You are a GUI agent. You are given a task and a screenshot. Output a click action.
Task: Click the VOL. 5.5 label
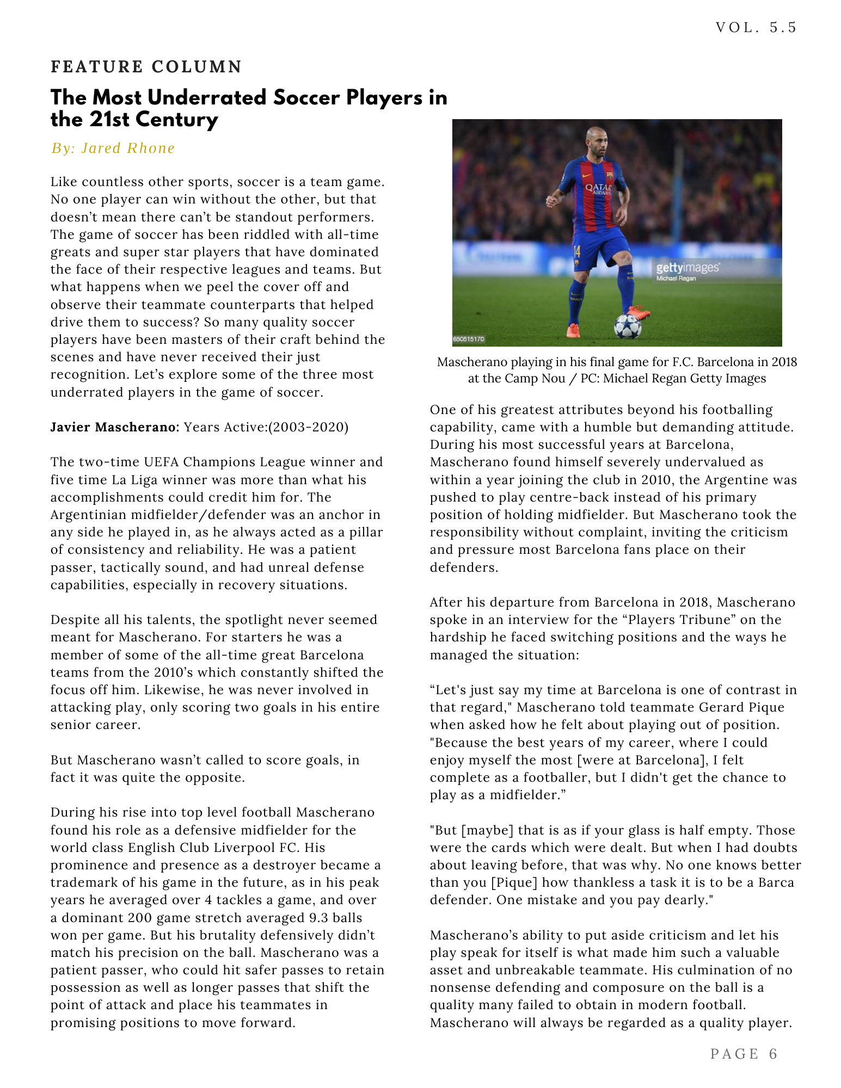point(756,27)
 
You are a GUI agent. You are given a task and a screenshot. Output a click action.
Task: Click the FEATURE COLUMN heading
point(146,67)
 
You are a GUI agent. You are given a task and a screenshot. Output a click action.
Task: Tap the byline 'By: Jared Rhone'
point(113,148)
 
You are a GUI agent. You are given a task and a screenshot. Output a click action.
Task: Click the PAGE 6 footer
point(744,1054)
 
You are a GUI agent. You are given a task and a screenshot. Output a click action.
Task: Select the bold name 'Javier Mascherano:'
point(115,427)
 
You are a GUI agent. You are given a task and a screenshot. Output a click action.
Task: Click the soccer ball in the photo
point(627,326)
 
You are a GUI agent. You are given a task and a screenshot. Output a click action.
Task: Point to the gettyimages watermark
point(687,268)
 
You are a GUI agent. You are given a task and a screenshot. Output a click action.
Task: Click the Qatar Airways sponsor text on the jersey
point(598,189)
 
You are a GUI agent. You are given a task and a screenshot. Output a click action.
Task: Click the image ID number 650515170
point(469,339)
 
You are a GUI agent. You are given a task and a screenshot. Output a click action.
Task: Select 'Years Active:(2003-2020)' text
point(266,427)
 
